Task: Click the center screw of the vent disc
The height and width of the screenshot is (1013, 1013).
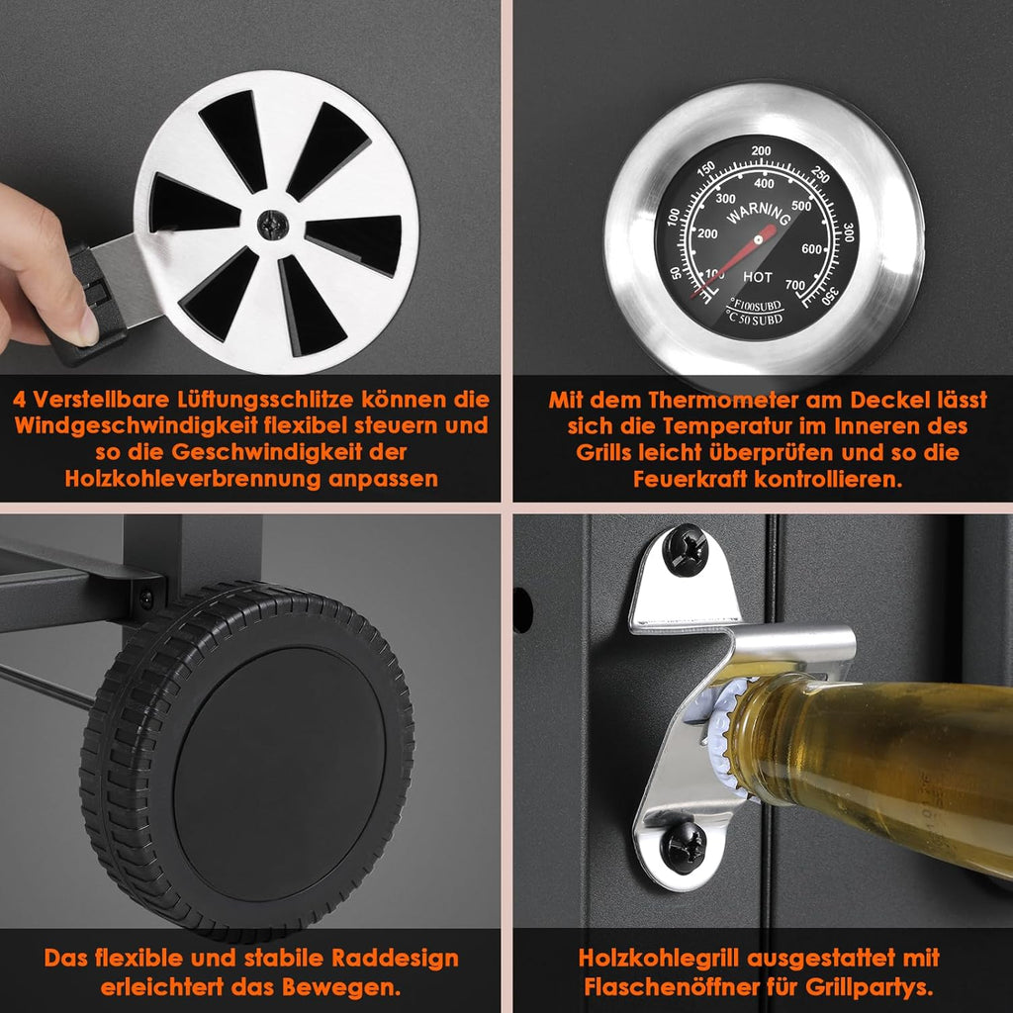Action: click(273, 225)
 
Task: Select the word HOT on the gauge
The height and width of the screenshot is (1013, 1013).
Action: click(757, 277)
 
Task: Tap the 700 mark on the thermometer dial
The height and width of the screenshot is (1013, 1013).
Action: click(795, 285)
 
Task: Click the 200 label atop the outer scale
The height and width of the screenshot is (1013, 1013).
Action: click(761, 151)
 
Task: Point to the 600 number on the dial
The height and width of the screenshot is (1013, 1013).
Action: click(811, 249)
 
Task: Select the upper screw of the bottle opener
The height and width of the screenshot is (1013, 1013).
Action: click(686, 550)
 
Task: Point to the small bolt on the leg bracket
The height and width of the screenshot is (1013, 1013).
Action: click(146, 599)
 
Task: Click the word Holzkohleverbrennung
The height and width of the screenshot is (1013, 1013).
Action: click(193, 479)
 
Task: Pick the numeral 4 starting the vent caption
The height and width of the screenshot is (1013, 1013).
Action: click(20, 400)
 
